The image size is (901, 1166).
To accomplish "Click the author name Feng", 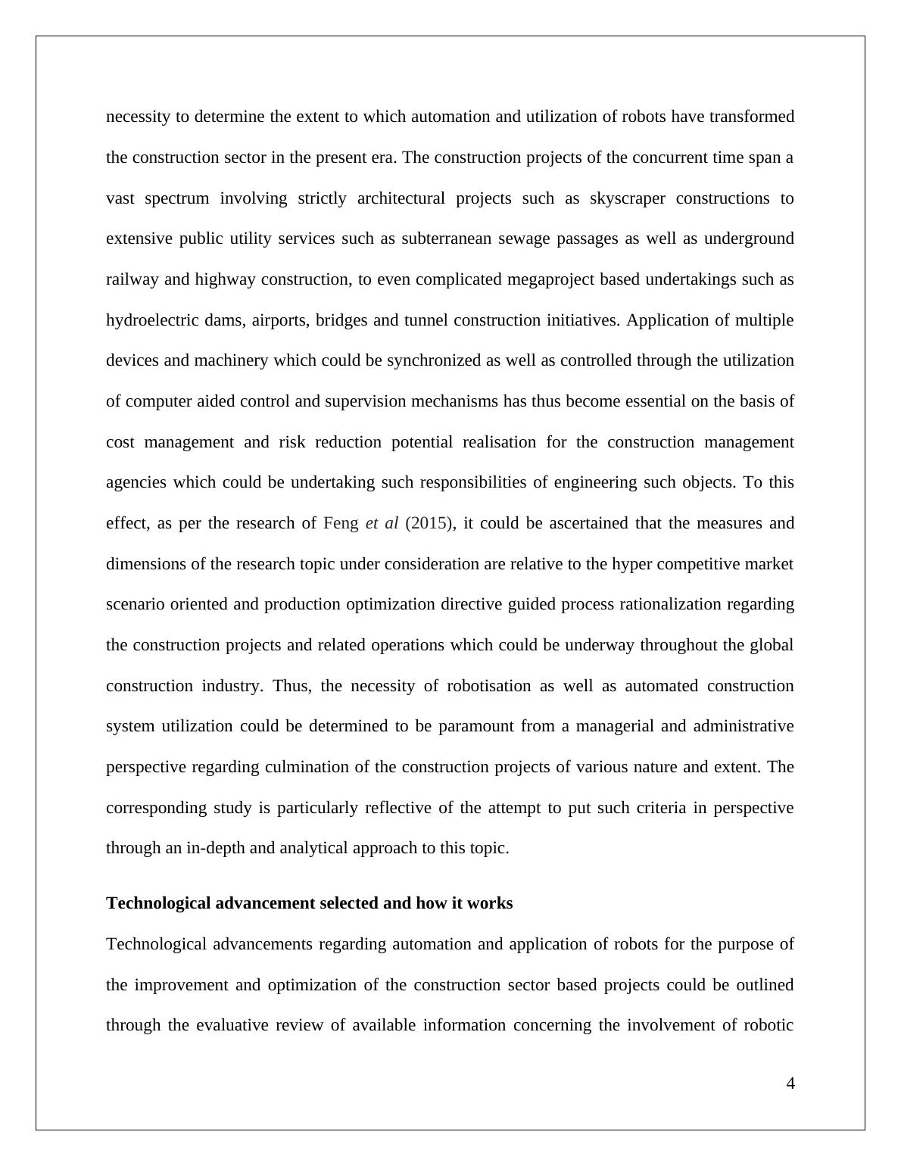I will pos(341,523).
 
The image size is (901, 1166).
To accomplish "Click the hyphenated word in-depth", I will pos(215,848).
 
